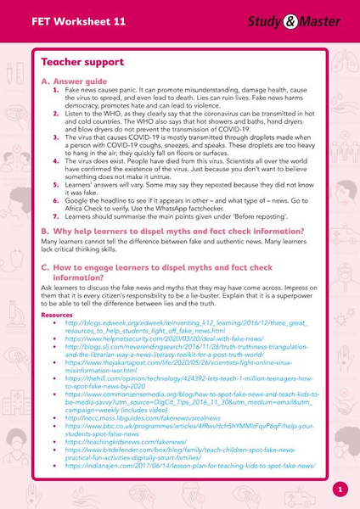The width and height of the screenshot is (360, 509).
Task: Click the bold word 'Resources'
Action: pos(57,314)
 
